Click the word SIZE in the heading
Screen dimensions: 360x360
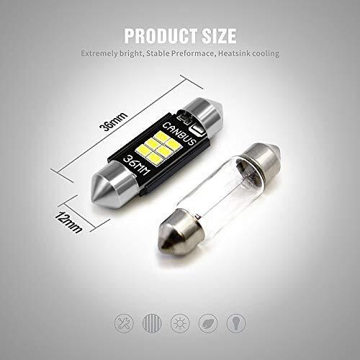point(220,36)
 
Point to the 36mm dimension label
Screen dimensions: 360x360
point(114,122)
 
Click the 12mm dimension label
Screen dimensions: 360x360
point(68,222)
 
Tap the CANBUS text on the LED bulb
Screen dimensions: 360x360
point(179,134)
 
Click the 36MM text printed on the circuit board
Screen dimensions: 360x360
point(137,166)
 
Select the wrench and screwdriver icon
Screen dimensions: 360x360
point(124,323)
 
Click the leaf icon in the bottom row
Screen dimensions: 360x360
point(208,323)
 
